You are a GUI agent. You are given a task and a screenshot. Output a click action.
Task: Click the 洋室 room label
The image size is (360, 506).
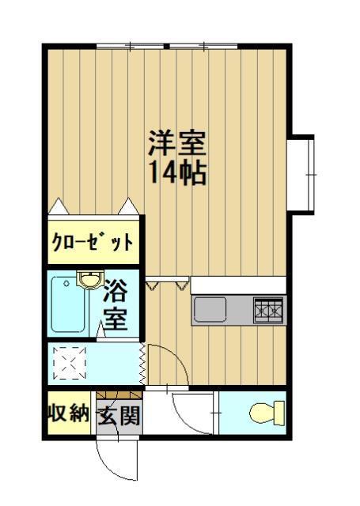click(177, 142)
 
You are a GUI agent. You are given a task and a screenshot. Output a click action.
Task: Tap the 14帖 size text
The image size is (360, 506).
click(177, 172)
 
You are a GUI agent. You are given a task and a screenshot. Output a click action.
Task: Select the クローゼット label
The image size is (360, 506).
click(92, 241)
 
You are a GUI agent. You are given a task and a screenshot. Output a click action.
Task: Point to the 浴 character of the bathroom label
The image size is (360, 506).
click(117, 292)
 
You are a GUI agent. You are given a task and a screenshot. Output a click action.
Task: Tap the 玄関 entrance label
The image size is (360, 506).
click(119, 415)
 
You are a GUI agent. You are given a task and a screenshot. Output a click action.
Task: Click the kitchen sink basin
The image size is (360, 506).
click(211, 309)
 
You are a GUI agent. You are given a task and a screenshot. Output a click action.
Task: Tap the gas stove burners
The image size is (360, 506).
click(269, 310)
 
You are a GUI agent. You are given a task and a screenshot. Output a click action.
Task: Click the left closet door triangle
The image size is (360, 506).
click(60, 206)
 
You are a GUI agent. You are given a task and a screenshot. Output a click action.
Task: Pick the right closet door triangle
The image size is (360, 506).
click(127, 206)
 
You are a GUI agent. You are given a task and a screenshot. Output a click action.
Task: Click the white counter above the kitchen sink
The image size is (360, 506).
click(237, 285)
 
